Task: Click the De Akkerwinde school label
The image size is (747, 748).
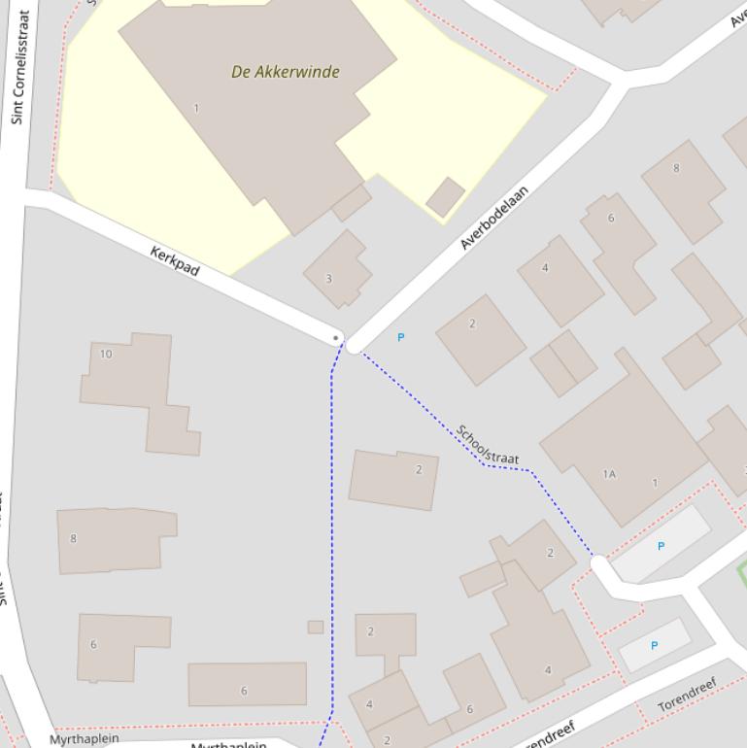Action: point(286,72)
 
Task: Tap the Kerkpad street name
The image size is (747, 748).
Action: point(175,260)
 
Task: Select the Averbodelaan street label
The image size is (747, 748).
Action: point(494,218)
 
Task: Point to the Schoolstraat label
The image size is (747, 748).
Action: point(488,445)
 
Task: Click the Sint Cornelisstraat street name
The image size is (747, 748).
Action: point(20,67)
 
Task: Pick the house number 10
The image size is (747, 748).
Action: point(106,354)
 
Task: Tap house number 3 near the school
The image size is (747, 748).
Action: point(328,279)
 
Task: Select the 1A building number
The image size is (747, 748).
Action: point(609,474)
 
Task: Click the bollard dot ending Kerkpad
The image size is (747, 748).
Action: point(337,338)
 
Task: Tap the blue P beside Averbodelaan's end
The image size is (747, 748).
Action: point(400,337)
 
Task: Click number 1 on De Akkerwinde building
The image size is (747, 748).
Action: point(196,108)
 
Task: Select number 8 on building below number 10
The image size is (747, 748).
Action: point(74,538)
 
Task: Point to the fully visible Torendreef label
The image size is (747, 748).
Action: point(687,695)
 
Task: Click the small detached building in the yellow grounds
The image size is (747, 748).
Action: point(445,196)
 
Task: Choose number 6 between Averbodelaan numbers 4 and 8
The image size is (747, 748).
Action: point(611,218)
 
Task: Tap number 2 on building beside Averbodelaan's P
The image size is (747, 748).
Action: point(472,323)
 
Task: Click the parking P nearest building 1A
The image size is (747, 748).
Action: point(661,546)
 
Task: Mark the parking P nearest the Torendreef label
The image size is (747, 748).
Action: point(654,645)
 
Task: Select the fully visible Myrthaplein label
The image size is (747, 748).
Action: point(85,739)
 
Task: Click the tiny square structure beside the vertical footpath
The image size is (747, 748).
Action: point(316,628)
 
